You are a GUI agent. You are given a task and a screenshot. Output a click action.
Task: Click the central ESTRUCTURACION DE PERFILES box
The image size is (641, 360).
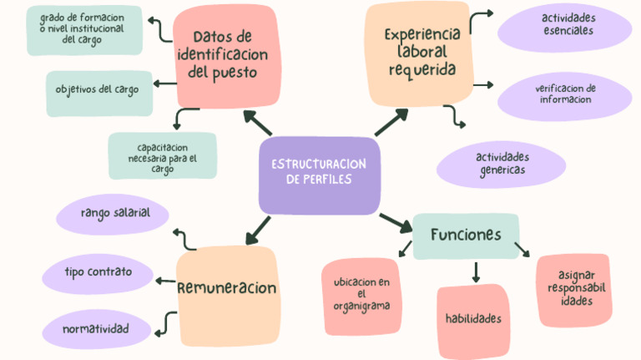[x=319, y=174]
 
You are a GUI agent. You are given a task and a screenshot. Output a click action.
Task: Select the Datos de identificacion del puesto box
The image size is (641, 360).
[x=224, y=54]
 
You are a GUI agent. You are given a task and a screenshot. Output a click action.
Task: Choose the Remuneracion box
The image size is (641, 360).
[x=226, y=288]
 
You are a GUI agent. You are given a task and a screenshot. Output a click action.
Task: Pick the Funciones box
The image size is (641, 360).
[x=466, y=235]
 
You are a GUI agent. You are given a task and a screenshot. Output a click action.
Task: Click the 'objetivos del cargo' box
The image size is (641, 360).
[x=99, y=89]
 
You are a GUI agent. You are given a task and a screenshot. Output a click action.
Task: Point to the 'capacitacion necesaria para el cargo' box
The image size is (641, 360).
[x=162, y=156]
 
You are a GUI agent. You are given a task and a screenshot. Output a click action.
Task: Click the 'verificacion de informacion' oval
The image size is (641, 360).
[x=565, y=94]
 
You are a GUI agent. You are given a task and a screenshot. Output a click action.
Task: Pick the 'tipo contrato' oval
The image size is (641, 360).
[x=98, y=272]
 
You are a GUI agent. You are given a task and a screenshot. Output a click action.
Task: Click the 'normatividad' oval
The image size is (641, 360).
[x=96, y=329]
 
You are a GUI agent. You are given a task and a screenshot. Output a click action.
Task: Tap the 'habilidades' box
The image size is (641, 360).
[x=472, y=319]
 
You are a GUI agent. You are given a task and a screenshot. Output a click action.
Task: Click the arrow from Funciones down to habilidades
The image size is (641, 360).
[x=476, y=271]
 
